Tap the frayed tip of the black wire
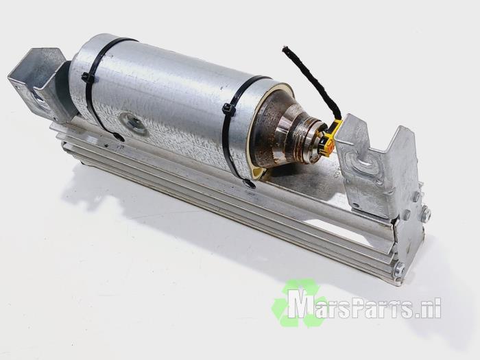(286, 49)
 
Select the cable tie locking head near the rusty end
(228, 110)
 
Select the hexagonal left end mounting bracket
(37, 83)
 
